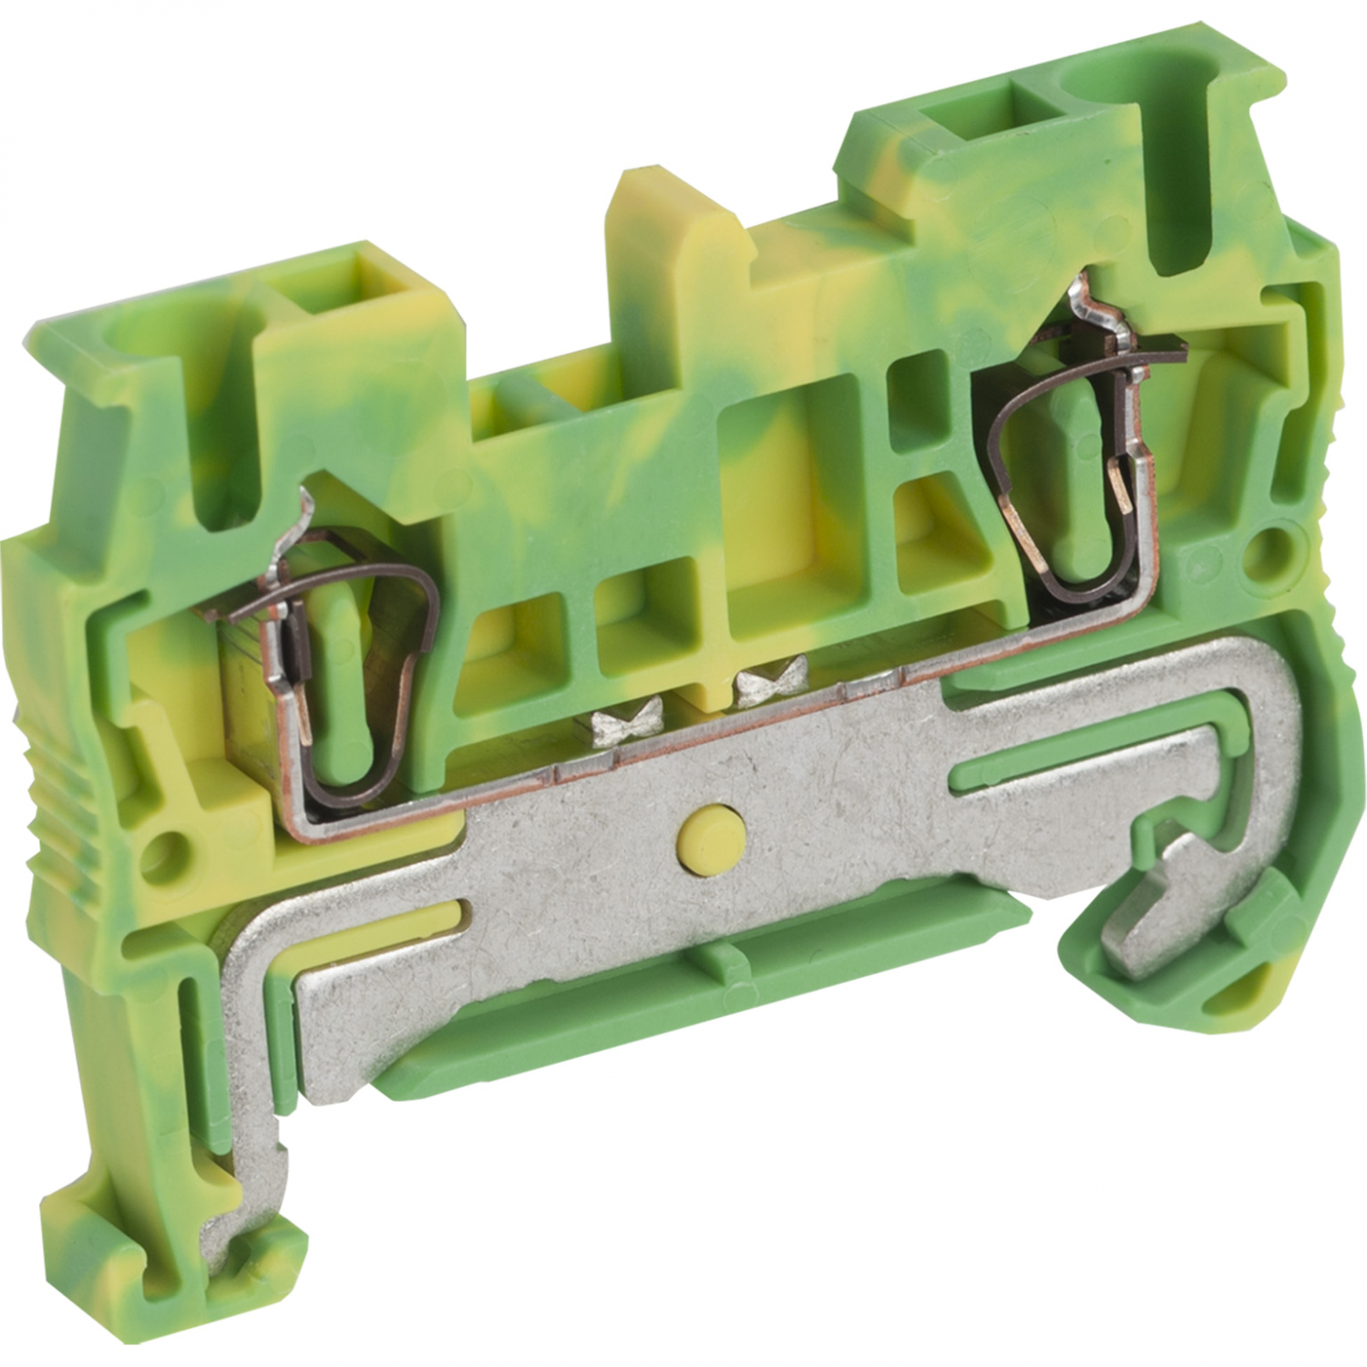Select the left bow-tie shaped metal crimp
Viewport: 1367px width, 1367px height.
tap(618, 726)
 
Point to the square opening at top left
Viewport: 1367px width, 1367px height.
tap(375, 273)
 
